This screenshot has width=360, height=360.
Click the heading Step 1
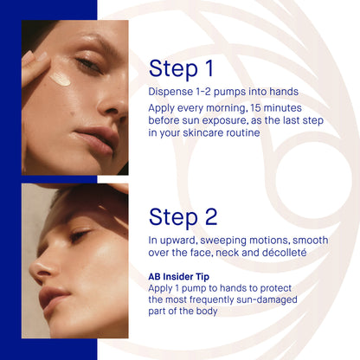181,68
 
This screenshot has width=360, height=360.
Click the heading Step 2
183,217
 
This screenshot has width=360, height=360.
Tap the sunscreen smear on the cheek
60,79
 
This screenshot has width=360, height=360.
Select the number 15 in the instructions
255,108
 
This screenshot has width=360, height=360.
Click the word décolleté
284,253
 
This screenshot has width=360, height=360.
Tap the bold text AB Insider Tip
178,277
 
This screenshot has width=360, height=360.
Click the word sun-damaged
267,299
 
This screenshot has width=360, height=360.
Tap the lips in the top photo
97,141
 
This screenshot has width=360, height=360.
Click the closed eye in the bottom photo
80,235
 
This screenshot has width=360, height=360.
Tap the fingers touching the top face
34,65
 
